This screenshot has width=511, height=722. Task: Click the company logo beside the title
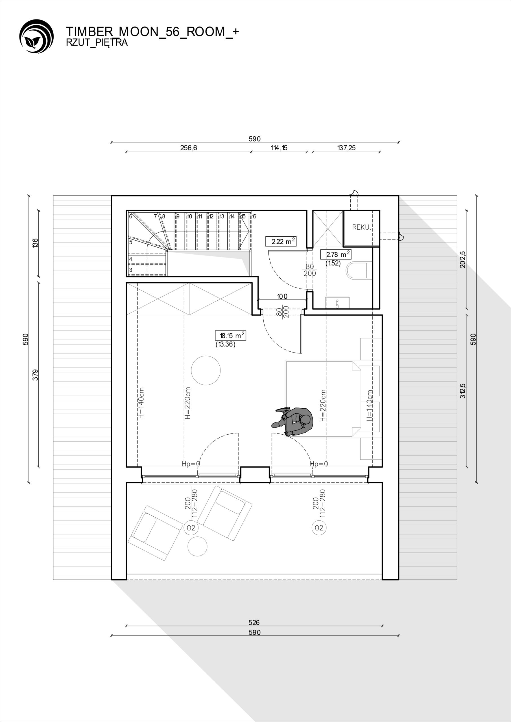pos(36,36)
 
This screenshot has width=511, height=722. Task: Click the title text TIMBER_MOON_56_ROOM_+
pos(152,32)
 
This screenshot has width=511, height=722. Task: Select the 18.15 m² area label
pos(230,336)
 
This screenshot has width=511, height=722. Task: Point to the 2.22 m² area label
pos(281,241)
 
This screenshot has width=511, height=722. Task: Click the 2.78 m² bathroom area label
pos(336,254)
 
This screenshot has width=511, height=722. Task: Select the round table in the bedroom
pos(206,370)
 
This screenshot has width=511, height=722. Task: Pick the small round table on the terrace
pos(197,546)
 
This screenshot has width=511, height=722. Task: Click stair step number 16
pos(254,216)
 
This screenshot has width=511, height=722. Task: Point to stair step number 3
pos(131,270)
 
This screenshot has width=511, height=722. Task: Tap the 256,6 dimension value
pos(189,148)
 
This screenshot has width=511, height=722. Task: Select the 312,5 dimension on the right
pos(462,391)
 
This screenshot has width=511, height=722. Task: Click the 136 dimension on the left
pos(35,243)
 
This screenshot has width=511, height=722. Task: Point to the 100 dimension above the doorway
pos(282,296)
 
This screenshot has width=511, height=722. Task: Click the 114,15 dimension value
pos(279,148)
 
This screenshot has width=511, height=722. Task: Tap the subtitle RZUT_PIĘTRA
pos(97,43)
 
